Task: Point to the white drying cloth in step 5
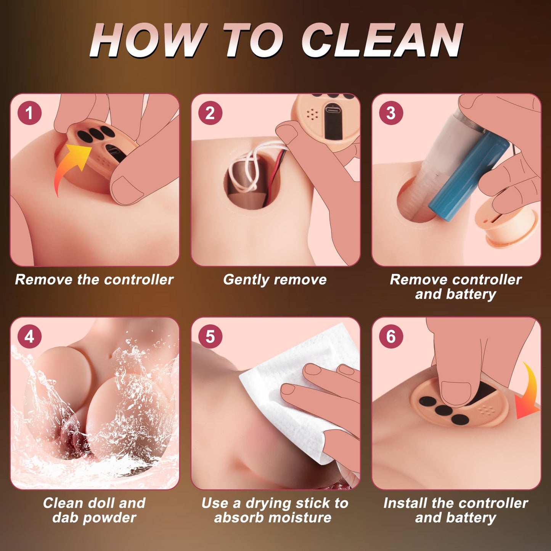[297, 400]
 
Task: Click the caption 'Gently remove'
[275, 280]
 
